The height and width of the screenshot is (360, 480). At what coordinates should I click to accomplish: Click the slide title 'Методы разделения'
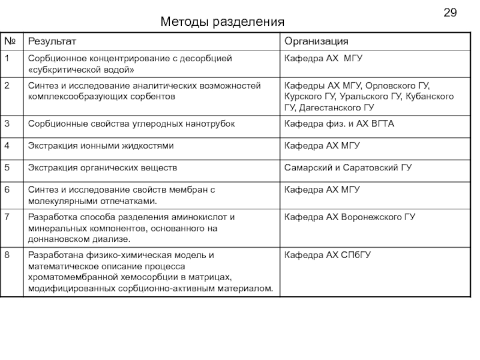(222, 23)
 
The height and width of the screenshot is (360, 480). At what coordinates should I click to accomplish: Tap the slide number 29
(451, 13)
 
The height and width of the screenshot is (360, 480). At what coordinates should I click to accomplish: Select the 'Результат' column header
(53, 41)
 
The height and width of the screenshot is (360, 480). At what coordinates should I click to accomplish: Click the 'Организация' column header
(316, 41)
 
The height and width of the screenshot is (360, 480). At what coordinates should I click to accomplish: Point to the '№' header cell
(10, 41)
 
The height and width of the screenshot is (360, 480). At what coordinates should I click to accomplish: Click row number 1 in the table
(7, 58)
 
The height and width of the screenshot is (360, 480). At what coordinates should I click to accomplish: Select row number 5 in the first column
(7, 167)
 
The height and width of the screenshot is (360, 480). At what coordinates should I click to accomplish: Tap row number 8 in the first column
(7, 256)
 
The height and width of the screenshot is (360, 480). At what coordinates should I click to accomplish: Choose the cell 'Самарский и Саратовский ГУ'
(347, 167)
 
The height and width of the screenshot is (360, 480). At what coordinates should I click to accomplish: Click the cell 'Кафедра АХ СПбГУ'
(328, 256)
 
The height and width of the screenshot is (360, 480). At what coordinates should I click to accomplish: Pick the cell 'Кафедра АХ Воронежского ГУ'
(350, 217)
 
